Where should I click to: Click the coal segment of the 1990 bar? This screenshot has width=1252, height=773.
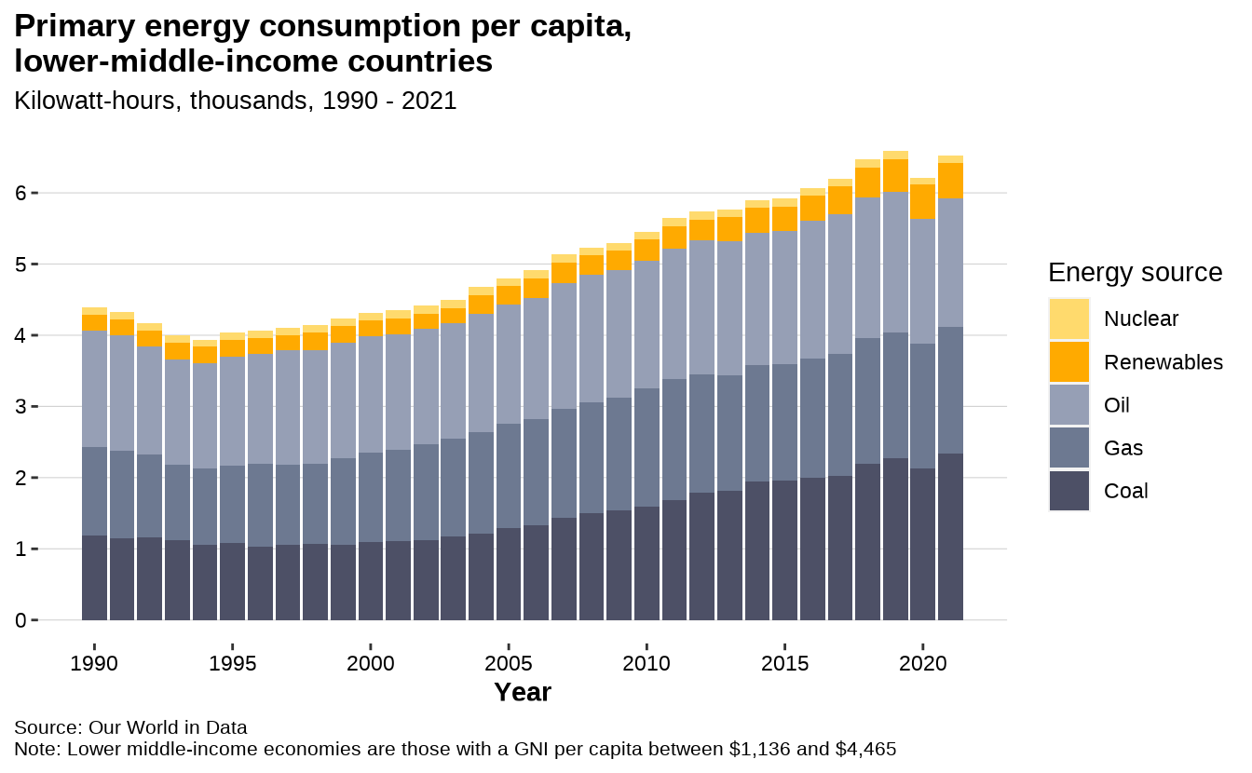(94, 577)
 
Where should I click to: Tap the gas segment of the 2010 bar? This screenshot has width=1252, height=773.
(646, 447)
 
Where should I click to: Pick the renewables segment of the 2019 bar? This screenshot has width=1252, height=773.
(895, 175)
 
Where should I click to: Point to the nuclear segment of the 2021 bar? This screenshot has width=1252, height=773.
(950, 159)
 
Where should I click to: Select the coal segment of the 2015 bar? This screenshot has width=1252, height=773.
(784, 549)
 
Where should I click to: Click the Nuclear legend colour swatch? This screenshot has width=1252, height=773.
(1068, 319)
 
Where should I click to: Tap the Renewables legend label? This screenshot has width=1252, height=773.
(1163, 362)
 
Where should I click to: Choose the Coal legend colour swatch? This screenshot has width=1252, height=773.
(1068, 491)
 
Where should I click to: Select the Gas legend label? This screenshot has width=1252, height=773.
(1123, 448)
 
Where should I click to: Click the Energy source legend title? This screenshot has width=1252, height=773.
(1135, 272)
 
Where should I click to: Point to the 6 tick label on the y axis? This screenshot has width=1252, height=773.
(20, 193)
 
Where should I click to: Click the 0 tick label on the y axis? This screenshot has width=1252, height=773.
(20, 620)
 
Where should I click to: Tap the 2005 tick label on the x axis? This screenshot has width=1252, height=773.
(509, 664)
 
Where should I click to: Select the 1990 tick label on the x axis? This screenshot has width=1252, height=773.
(94, 664)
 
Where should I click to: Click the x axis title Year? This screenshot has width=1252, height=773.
(523, 692)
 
